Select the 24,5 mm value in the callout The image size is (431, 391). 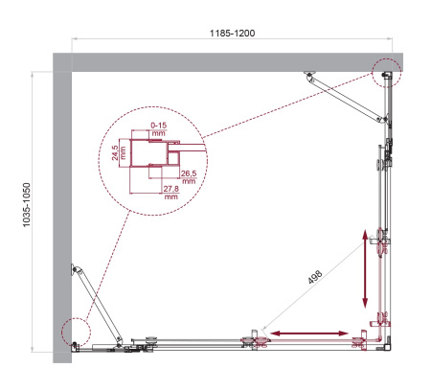115,152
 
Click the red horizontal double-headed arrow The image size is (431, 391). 307,333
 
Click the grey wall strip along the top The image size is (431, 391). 230,61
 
